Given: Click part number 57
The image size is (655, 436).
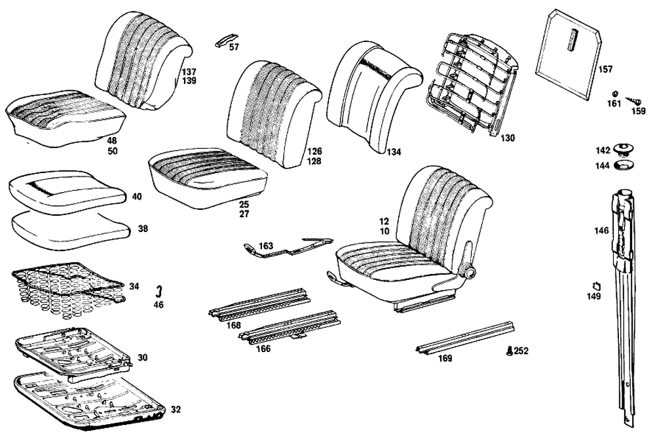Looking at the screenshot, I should pyautogui.click(x=234, y=48).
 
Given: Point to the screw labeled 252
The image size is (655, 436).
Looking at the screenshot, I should pyautogui.click(x=510, y=351).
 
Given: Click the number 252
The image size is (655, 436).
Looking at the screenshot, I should pyautogui.click(x=521, y=351).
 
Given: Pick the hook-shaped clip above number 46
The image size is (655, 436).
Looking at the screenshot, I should pyautogui.click(x=158, y=292).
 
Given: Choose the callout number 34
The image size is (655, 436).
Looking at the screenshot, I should pyautogui.click(x=134, y=287).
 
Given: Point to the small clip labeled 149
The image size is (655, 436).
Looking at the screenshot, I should pyautogui.click(x=597, y=285).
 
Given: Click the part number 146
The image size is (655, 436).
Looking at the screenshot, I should pyautogui.click(x=601, y=231).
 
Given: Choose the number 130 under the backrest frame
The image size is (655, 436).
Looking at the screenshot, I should pyautogui.click(x=508, y=138).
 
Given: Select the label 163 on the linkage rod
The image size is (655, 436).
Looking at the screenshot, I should pyautogui.click(x=266, y=245).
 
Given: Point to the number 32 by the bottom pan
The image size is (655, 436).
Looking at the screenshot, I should pyautogui.click(x=176, y=410).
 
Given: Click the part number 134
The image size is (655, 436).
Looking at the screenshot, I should pyautogui.click(x=393, y=152).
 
